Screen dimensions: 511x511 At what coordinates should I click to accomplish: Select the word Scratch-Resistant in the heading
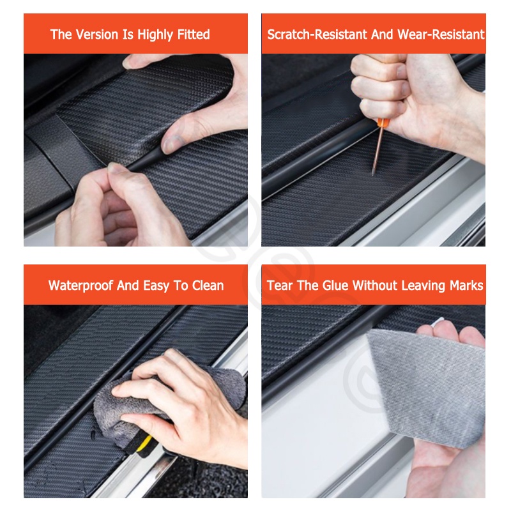[317, 34]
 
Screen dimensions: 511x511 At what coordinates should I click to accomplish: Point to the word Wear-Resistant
[441, 34]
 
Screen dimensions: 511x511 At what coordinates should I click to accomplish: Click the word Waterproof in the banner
[80, 286]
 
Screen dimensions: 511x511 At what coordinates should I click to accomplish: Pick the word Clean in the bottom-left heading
[208, 286]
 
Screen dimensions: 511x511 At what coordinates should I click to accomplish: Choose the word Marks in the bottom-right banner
[466, 286]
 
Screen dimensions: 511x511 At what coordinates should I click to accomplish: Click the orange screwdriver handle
[383, 123]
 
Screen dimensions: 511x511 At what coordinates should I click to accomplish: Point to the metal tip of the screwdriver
[374, 172]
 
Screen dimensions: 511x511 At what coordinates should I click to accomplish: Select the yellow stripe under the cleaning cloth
[144, 443]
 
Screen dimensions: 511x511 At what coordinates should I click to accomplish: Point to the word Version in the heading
[97, 34]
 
